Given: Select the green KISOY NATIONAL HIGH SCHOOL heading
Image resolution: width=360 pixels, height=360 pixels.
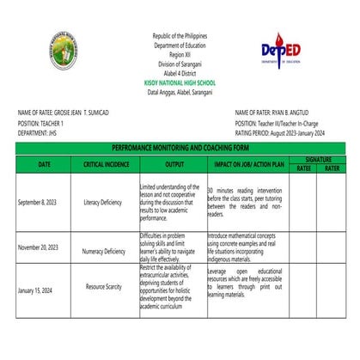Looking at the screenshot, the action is click(180, 82).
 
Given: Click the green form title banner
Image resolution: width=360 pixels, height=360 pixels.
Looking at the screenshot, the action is click(180, 148).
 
